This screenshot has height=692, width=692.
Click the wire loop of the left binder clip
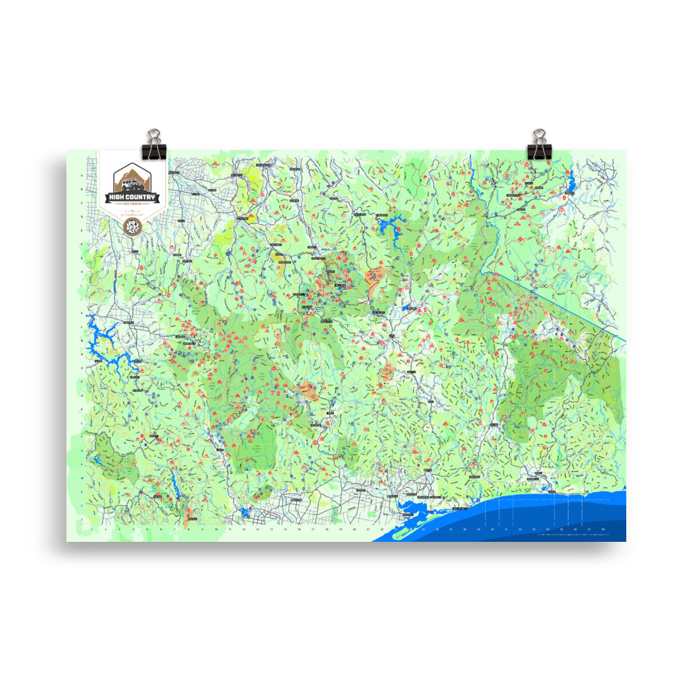tap(152, 134)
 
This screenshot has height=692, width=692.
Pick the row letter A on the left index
tap(83, 176)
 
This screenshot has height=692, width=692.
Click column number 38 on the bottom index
tap(603, 531)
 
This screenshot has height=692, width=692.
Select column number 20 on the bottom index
tap(354, 531)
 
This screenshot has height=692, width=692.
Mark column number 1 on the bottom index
tap(92, 531)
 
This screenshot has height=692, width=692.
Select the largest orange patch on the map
tap(378, 280)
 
